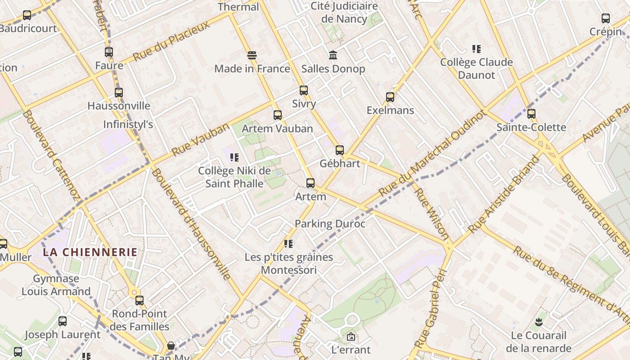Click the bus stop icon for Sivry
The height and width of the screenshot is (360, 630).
(x=304, y=90)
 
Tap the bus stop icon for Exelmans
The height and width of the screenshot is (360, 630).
(x=390, y=97)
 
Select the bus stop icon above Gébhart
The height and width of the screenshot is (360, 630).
(x=340, y=150)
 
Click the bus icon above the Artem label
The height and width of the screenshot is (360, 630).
(x=310, y=183)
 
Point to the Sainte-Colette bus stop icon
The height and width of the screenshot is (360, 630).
(x=531, y=114)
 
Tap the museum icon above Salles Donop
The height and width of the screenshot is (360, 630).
(x=333, y=55)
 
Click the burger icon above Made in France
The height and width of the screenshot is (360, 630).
(x=252, y=55)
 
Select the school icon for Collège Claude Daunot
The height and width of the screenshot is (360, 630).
(x=477, y=49)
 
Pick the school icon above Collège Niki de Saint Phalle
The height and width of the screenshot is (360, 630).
(x=234, y=157)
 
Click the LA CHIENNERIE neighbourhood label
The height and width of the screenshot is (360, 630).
(x=90, y=252)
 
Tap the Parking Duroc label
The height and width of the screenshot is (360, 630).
(x=330, y=224)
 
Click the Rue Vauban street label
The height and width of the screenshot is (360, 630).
(x=200, y=139)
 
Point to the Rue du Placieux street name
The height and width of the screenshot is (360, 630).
(x=172, y=40)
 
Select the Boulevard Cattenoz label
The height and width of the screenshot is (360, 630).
(x=50, y=155)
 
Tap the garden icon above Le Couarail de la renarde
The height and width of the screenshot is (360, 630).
(x=539, y=322)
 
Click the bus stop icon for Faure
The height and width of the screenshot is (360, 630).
(x=109, y=52)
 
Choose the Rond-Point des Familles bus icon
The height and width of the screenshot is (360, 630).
(x=139, y=301)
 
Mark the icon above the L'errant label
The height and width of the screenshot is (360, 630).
(x=351, y=336)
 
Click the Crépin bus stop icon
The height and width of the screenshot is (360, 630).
(x=606, y=18)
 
